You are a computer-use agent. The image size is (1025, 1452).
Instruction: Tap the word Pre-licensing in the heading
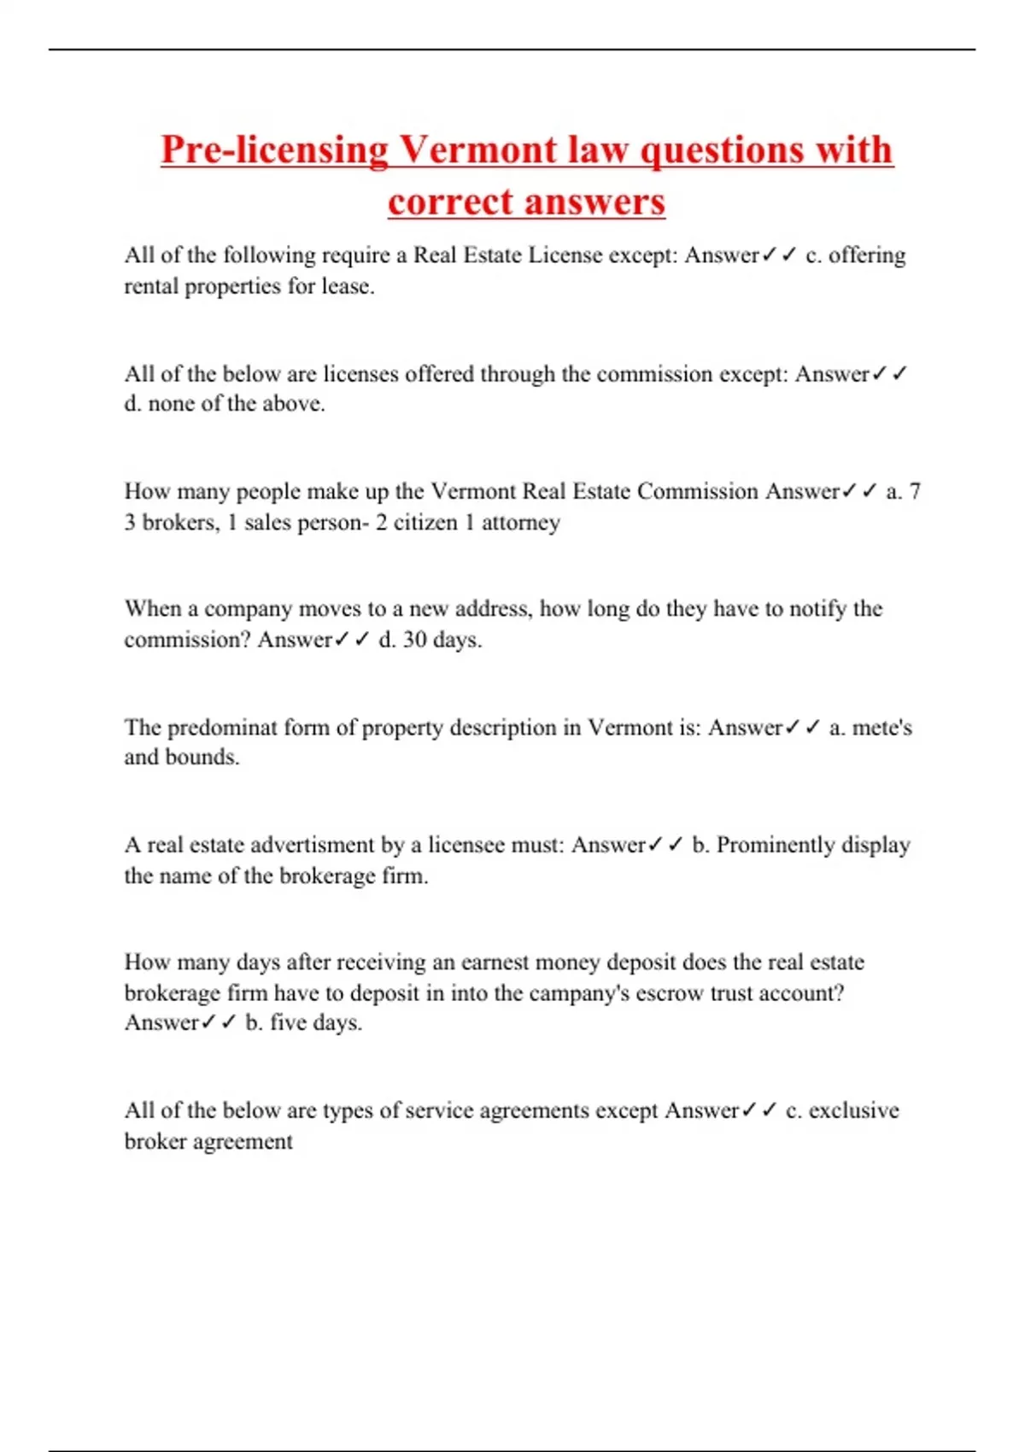(x=274, y=150)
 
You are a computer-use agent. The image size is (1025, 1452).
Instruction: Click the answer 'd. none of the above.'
(x=225, y=403)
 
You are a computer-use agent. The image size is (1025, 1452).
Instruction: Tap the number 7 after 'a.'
(x=915, y=491)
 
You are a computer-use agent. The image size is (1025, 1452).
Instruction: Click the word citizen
(x=424, y=522)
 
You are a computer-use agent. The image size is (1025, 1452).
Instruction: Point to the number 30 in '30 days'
(x=414, y=640)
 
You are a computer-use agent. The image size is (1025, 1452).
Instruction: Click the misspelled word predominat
(x=223, y=728)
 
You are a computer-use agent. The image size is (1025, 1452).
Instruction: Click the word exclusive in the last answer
(x=853, y=1110)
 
